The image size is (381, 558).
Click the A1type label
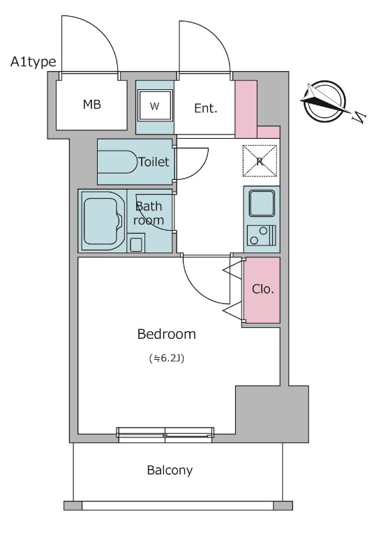click(x=33, y=62)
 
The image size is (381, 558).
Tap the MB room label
click(x=92, y=104)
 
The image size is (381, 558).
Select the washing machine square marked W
click(x=155, y=105)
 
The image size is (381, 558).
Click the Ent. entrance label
click(x=205, y=108)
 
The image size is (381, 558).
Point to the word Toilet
click(x=154, y=162)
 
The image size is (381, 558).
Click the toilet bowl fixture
click(x=118, y=162)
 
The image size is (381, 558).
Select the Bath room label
click(x=149, y=213)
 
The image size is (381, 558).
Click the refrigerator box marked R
click(x=260, y=161)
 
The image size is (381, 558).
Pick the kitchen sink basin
click(x=262, y=203)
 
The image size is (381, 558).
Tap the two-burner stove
click(x=262, y=236)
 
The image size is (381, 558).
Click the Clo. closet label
click(x=263, y=289)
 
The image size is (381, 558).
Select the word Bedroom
click(x=167, y=334)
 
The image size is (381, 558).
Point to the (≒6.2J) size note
click(x=167, y=359)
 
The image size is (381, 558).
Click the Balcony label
click(x=170, y=470)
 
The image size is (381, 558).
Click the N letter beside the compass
click(x=359, y=116)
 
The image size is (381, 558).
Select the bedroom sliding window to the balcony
click(x=165, y=435)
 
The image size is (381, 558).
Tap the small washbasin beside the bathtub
click(x=136, y=243)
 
